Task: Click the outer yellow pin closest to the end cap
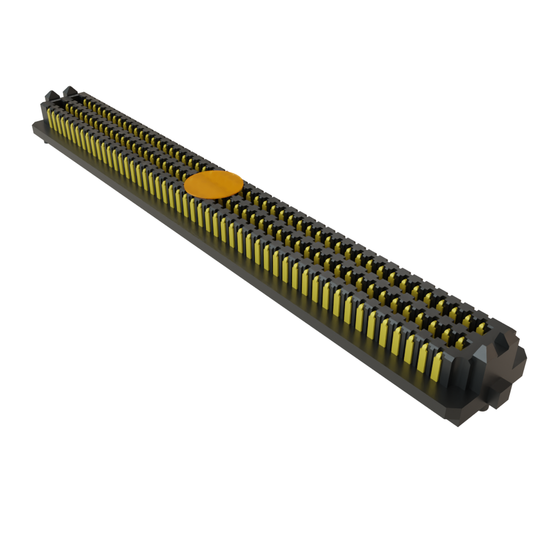436,367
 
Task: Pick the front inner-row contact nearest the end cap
461,343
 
